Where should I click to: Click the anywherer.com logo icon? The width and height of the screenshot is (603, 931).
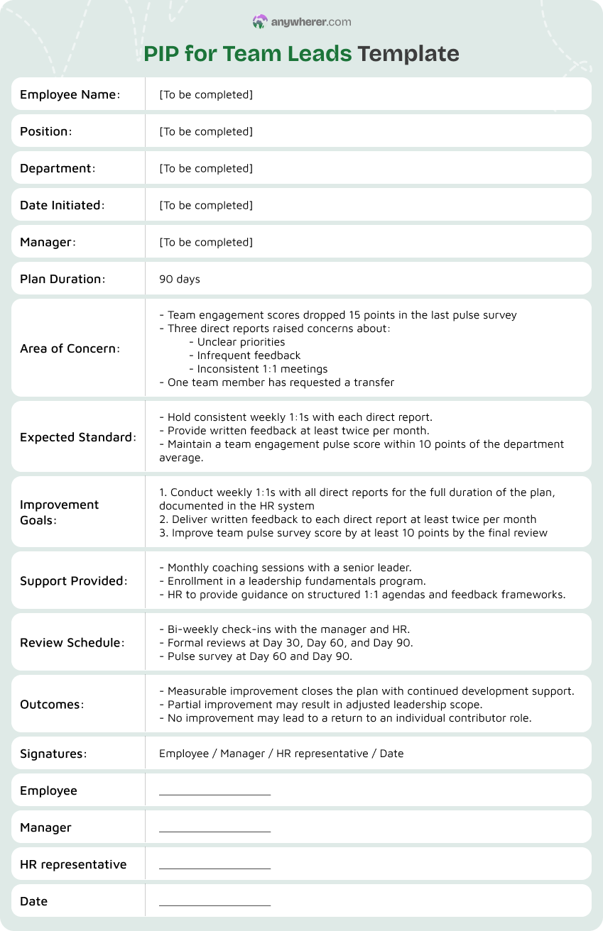pyautogui.click(x=260, y=22)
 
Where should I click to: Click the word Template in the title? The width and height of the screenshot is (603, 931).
pyautogui.click(x=408, y=54)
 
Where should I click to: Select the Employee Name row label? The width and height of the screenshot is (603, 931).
pyautogui.click(x=70, y=94)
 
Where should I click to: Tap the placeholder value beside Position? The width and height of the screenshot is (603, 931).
pyautogui.click(x=206, y=131)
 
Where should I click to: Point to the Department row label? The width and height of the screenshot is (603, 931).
pyautogui.click(x=58, y=168)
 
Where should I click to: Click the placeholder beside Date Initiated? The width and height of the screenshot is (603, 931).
pyautogui.click(x=206, y=205)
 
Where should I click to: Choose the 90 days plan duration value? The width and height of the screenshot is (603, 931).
pyautogui.click(x=180, y=279)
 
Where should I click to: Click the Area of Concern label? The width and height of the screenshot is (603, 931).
pyautogui.click(x=70, y=348)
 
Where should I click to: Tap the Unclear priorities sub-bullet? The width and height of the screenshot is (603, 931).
pyautogui.click(x=237, y=342)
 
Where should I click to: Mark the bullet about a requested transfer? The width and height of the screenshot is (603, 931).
pyautogui.click(x=277, y=382)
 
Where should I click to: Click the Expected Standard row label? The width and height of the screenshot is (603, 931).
pyautogui.click(x=78, y=437)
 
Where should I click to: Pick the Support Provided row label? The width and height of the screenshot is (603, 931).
pyautogui.click(x=74, y=580)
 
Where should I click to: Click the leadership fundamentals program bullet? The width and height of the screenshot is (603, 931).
pyautogui.click(x=293, y=581)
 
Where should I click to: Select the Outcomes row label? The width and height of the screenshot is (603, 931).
pyautogui.click(x=52, y=705)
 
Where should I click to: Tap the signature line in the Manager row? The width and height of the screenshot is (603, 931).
pyautogui.click(x=214, y=830)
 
